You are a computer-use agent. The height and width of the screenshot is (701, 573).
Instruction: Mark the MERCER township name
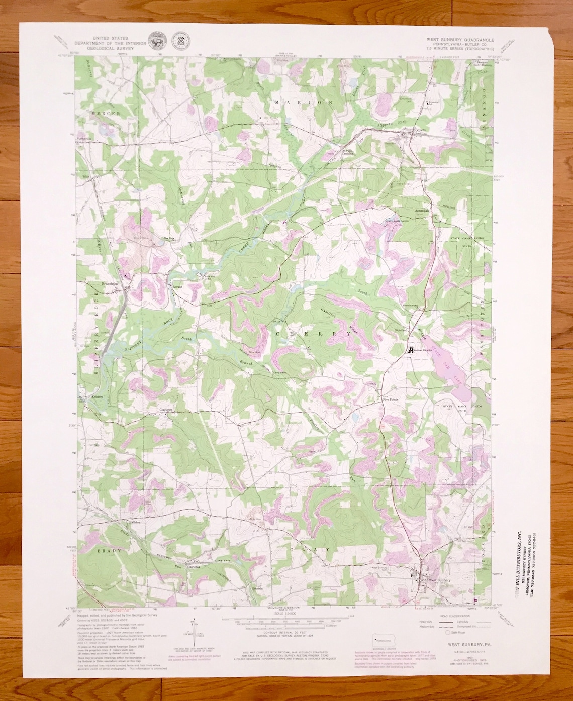[106, 114]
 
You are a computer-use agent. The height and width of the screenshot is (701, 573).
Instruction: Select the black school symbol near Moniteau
[411, 350]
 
